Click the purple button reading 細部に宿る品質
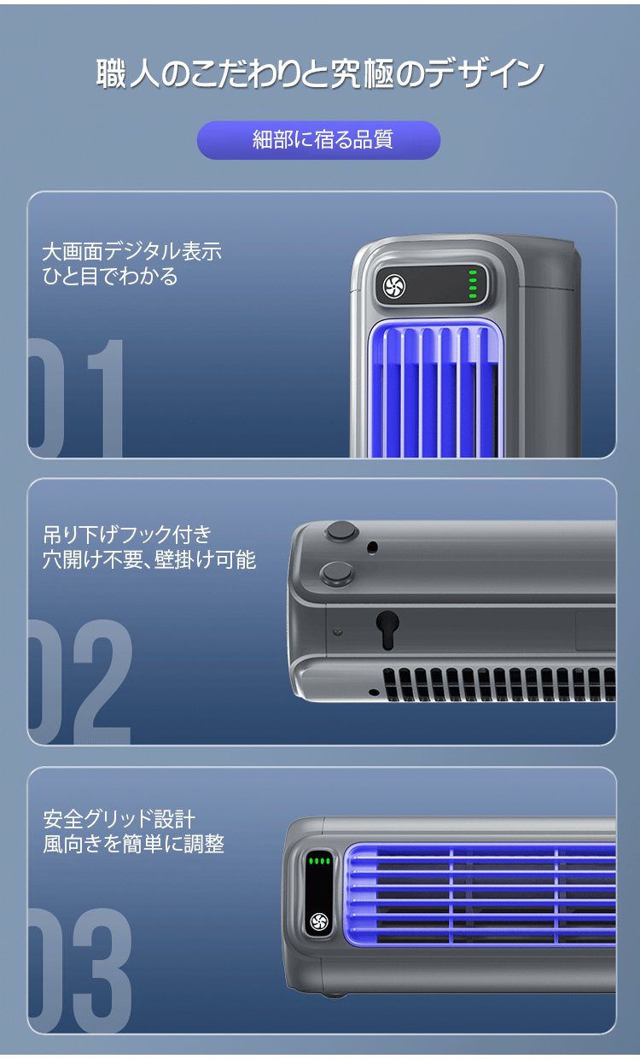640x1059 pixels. click(x=318, y=140)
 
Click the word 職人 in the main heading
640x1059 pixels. click(x=128, y=73)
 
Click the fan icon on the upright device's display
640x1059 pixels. click(x=394, y=286)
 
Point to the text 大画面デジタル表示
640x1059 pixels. click(x=131, y=251)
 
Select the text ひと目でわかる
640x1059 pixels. click(x=110, y=276)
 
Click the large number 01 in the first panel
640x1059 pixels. click(x=76, y=398)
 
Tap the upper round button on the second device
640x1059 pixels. click(x=341, y=531)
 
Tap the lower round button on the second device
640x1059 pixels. click(x=336, y=572)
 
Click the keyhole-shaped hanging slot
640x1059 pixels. click(x=387, y=629)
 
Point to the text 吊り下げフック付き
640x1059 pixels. click(x=127, y=535)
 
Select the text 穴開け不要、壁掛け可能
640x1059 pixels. click(x=149, y=559)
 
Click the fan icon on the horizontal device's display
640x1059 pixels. click(x=319, y=921)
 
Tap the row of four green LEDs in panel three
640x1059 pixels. click(x=319, y=861)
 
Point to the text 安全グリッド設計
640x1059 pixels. click(x=119, y=819)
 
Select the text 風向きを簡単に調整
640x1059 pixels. click(x=134, y=844)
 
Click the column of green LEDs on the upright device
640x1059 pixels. click(x=473, y=284)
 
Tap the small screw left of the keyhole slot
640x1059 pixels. click(x=338, y=632)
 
